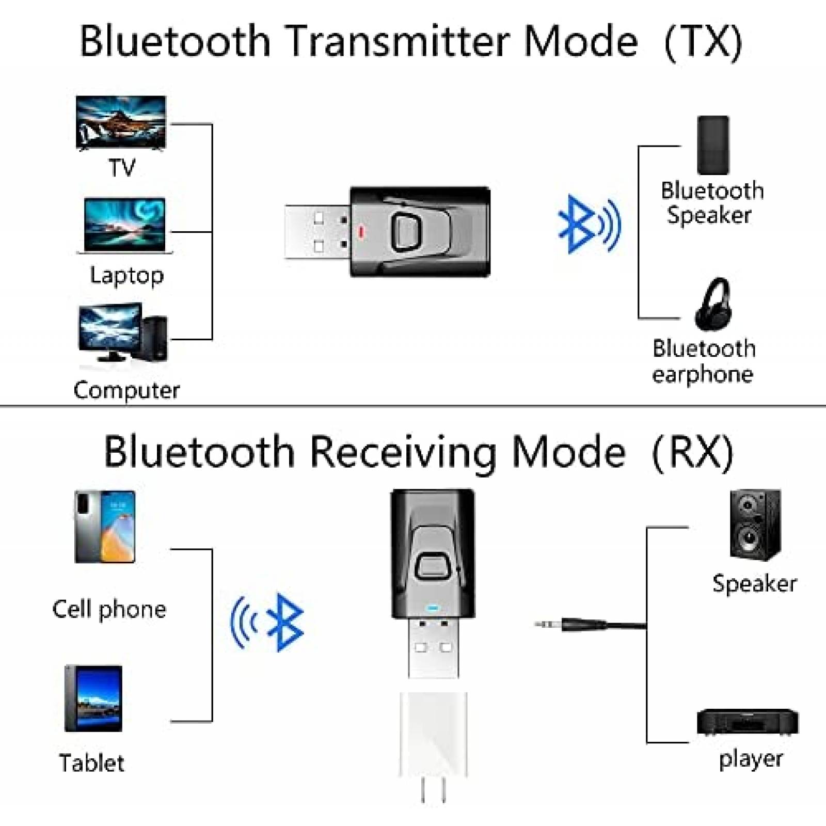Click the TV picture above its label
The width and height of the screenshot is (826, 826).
(x=121, y=123)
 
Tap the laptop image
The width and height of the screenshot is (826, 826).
(x=124, y=225)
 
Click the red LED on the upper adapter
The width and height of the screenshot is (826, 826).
(x=361, y=232)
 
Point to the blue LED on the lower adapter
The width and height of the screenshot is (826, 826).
(x=433, y=608)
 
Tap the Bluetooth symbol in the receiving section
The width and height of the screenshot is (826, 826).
(x=285, y=622)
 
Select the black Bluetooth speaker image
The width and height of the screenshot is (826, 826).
(x=713, y=145)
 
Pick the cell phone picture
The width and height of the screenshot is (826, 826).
(x=105, y=527)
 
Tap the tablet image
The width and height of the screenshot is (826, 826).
(x=93, y=698)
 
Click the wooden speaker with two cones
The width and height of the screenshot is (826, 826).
(x=755, y=525)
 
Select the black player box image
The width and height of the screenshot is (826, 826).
(x=748, y=722)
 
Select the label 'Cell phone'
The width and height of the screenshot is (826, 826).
(x=109, y=610)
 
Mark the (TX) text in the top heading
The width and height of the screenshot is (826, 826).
(x=703, y=42)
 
